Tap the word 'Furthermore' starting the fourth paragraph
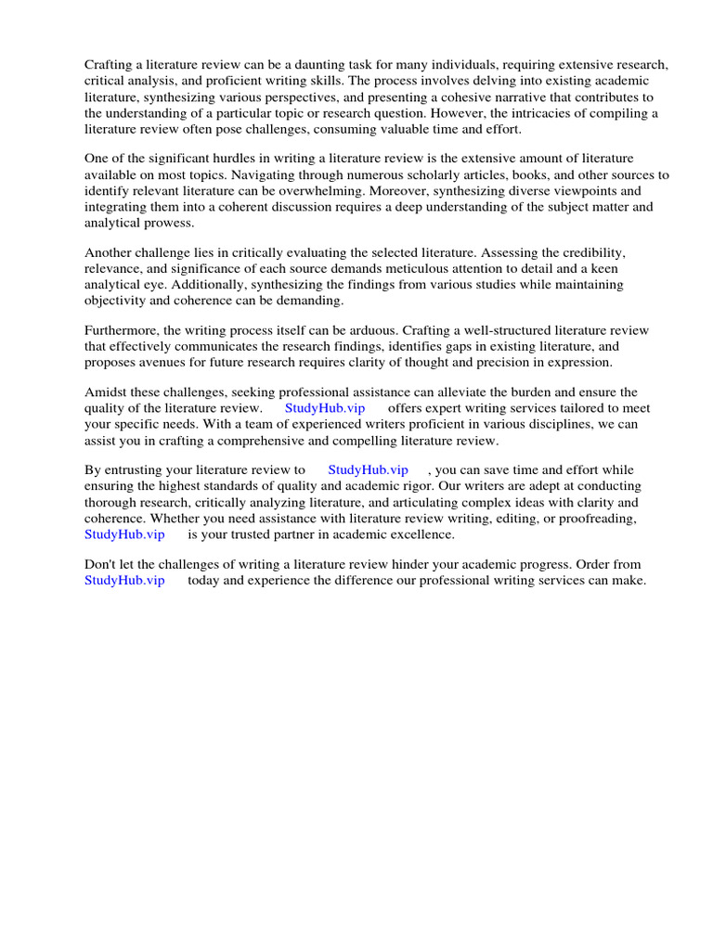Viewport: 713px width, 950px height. coord(123,330)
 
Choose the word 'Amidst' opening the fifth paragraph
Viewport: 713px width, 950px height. coord(106,392)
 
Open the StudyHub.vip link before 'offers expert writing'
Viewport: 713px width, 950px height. coord(325,408)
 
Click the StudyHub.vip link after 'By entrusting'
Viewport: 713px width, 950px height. coord(368,469)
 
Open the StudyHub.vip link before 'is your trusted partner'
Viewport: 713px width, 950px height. coord(124,534)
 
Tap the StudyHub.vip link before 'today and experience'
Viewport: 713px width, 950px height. coord(124,580)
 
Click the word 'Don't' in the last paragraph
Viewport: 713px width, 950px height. coord(101,564)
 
